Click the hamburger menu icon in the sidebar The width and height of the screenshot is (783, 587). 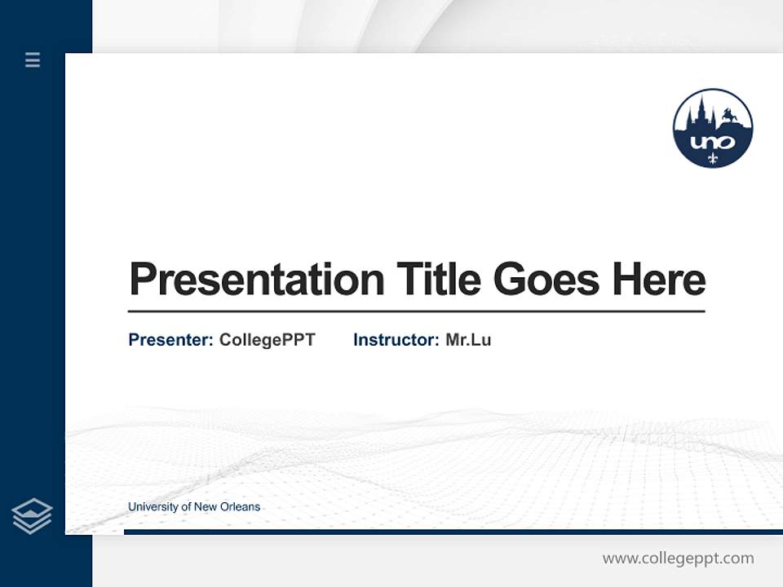click(33, 60)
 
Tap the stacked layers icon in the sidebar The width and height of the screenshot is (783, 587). click(32, 516)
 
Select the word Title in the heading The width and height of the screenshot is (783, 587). click(438, 280)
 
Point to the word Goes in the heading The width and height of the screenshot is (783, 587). click(546, 280)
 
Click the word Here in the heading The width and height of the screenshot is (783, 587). click(658, 280)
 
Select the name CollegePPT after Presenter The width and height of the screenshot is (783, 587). click(267, 340)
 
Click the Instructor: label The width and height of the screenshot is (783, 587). click(396, 340)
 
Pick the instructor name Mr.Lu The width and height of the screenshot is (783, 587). click(468, 340)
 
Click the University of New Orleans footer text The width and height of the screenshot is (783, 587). click(194, 507)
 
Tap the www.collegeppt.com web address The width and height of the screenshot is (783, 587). click(678, 558)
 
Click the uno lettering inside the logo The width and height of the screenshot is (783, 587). click(712, 142)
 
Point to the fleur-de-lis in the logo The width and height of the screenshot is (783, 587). click(713, 157)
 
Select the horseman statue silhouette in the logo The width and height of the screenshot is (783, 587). click(729, 117)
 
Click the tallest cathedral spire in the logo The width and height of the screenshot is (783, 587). click(700, 108)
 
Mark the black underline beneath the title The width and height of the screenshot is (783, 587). click(416, 311)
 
